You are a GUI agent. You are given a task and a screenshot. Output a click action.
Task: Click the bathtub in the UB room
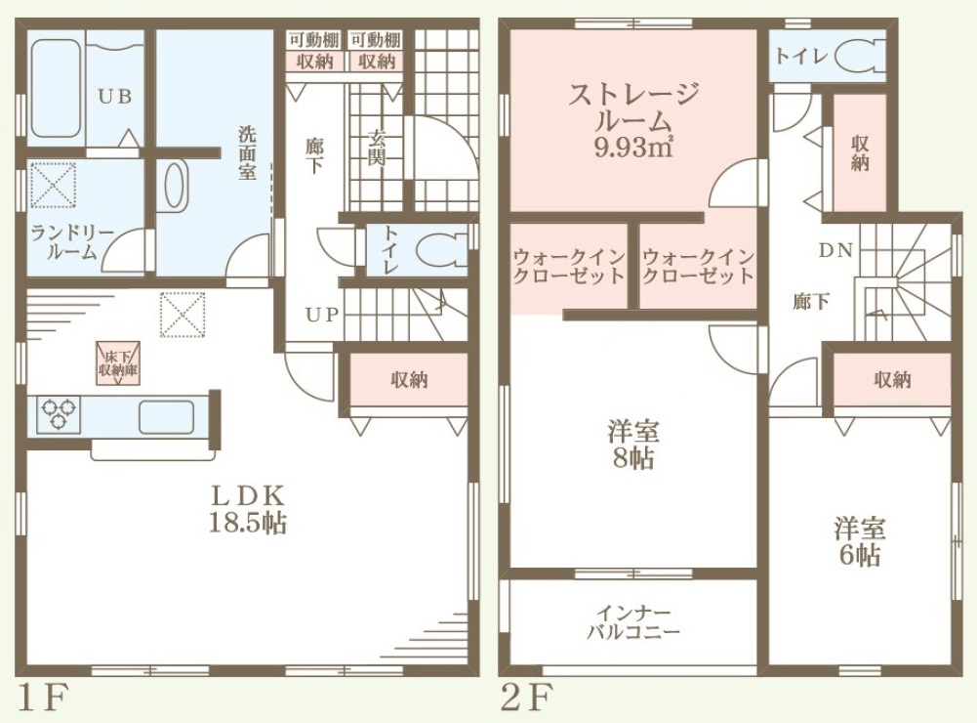tap(56, 89)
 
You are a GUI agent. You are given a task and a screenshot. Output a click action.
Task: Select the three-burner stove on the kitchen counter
tap(58, 414)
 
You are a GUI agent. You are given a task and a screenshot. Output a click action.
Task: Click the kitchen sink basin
tap(166, 417)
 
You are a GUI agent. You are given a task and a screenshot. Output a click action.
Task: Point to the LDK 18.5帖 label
tap(247, 510)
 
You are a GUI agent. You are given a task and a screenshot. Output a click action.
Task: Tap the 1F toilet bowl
tap(439, 251)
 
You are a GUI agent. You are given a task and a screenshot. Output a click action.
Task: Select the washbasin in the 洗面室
tap(176, 186)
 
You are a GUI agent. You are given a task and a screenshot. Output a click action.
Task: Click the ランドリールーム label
tap(72, 242)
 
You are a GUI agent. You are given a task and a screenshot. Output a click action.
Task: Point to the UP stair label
tap(322, 315)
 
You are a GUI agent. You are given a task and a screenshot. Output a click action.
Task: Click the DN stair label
tap(835, 251)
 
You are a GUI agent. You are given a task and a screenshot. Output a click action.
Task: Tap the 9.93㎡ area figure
tap(633, 148)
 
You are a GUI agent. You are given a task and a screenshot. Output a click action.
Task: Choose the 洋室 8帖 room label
tap(633, 445)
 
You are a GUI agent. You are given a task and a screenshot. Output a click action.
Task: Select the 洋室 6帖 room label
tap(860, 541)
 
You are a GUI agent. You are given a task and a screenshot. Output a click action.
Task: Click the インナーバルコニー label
tap(633, 623)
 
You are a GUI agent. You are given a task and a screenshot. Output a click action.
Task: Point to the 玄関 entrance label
tap(377, 148)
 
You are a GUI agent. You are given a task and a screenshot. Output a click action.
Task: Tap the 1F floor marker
tap(42, 698)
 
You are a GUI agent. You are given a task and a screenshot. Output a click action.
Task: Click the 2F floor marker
tap(527, 698)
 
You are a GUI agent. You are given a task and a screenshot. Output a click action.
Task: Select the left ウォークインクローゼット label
tap(569, 267)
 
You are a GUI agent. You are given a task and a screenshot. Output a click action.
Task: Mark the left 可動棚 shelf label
tap(314, 41)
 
